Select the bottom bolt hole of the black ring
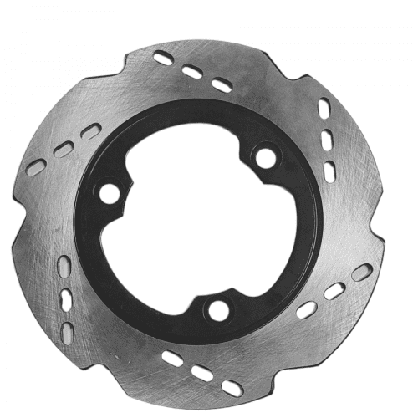tap(218, 309)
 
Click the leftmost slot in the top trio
tap(165, 58)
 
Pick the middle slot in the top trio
tap(192, 72)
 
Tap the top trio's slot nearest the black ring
tap(222, 85)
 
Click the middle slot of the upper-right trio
tap(327, 138)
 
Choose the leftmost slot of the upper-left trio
tap(35, 167)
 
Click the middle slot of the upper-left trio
tap(64, 150)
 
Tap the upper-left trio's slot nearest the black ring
tap(91, 131)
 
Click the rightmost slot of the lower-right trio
tap(362, 273)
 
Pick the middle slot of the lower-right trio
tap(334, 291)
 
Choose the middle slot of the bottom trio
tap(201, 374)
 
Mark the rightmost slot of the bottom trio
tap(232, 388)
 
